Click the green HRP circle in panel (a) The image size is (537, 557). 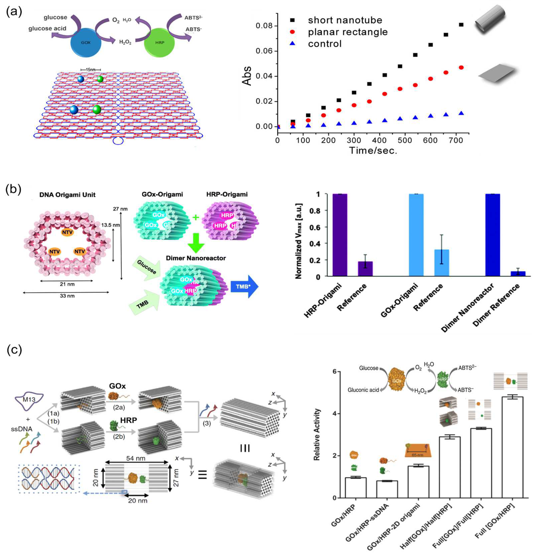click(160, 42)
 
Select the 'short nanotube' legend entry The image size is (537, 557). click(345, 20)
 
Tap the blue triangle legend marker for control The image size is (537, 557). click(293, 43)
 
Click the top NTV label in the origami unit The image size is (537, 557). click(67, 232)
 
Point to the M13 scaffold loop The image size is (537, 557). click(29, 399)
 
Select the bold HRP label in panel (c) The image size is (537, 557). click(129, 420)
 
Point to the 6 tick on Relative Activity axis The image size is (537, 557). click(334, 372)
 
